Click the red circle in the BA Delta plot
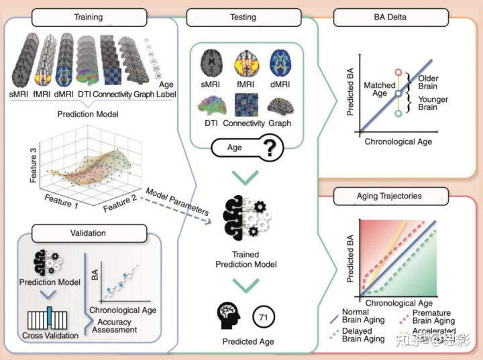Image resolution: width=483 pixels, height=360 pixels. coord(398,71)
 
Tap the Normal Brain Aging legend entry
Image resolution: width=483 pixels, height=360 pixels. coord(363,316)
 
